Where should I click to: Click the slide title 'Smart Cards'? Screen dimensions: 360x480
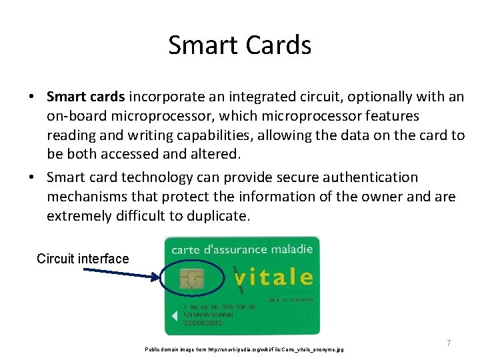[x=239, y=45]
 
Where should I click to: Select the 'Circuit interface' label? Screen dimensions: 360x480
[x=83, y=259]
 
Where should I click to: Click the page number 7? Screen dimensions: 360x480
[x=449, y=343]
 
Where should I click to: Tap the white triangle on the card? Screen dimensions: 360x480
[x=174, y=315]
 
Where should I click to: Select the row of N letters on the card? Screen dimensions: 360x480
[x=210, y=315]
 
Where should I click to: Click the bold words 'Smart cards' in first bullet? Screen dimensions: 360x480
[x=87, y=97]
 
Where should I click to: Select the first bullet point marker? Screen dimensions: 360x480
[x=31, y=97]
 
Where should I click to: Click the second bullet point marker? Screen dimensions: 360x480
[x=31, y=177]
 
